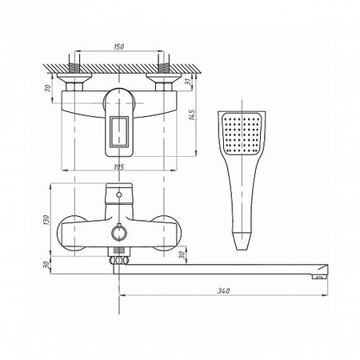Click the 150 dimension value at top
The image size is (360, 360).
[119, 46]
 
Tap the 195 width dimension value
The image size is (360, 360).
[118, 167]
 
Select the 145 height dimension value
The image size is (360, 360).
[192, 115]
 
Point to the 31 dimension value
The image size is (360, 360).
[189, 82]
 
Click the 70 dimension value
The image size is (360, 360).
[47, 88]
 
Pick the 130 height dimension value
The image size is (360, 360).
[46, 220]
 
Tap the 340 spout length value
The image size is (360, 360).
[223, 290]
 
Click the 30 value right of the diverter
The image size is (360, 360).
[182, 255]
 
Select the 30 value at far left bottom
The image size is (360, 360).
[46, 265]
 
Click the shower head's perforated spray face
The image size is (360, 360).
[242, 134]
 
